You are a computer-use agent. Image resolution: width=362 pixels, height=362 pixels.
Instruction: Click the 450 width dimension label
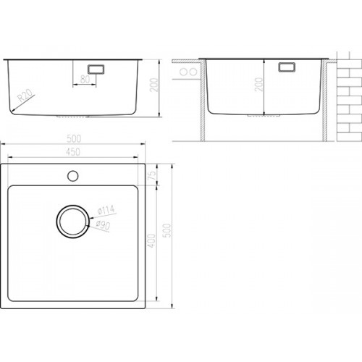pos(73,152)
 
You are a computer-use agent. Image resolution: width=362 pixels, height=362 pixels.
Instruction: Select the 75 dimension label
pos(153,174)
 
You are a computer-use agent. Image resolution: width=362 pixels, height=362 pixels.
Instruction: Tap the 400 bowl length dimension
pos(151,240)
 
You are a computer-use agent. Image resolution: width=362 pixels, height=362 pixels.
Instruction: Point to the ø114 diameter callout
pos(106,210)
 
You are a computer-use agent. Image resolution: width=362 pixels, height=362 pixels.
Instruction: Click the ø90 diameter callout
pos(103,225)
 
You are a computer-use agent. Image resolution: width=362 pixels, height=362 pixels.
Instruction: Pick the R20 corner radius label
pos(25,95)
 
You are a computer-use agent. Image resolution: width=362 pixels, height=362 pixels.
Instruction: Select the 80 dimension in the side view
pos(85,79)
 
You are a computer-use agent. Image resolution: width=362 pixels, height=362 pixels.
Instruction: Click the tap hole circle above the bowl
pos(72,176)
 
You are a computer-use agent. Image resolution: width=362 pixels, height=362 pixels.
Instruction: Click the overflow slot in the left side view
pos(96,69)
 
